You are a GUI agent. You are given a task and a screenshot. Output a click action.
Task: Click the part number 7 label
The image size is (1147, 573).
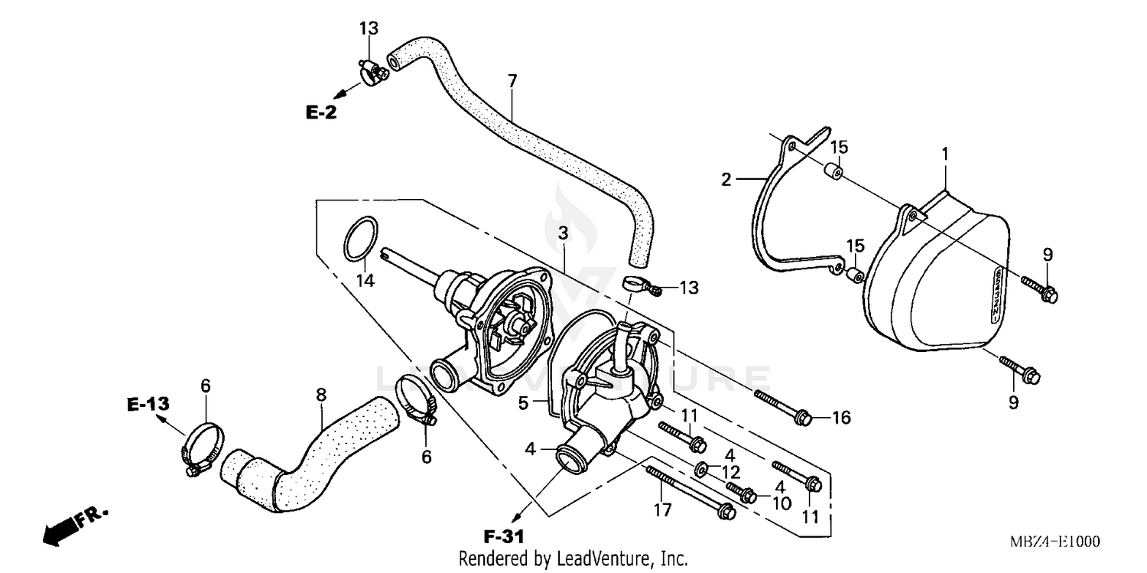pos(512,80)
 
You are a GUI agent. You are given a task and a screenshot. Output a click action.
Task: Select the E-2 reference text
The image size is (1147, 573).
pos(321,112)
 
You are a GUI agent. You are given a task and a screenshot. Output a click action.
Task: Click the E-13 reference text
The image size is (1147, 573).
pos(148,404)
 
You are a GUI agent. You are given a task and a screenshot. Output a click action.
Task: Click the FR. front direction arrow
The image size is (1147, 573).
pos(73,527)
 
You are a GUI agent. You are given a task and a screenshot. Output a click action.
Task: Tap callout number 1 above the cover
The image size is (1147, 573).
pos(945,154)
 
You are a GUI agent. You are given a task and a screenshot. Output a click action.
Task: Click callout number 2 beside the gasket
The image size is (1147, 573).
pos(726,180)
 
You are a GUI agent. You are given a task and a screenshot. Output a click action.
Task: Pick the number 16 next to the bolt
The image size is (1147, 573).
pos(841,418)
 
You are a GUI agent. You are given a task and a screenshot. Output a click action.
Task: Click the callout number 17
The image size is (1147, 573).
pos(664,510)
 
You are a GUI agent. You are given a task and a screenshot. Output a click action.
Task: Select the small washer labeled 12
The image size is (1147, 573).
pos(700,469)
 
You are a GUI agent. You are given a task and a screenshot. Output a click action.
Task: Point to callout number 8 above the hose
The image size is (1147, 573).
pos(321,396)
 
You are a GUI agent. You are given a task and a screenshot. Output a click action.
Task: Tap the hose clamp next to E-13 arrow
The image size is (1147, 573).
pos(203,448)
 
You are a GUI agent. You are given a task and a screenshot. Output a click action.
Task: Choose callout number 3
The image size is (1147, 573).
pos(563,234)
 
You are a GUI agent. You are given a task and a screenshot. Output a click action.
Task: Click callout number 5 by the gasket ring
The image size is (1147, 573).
pos(524,402)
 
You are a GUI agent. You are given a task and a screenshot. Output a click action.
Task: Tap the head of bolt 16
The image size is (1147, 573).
pos(802,417)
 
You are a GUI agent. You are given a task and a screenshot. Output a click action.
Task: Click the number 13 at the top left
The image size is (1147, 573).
pos(369,29)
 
